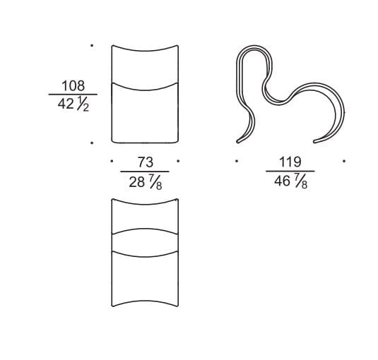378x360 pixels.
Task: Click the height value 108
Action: coord(73,85)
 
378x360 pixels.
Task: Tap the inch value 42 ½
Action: coord(73,104)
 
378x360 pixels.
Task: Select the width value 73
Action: coord(146,162)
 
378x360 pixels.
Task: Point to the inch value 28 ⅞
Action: coord(146,182)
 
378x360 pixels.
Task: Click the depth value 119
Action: coord(290,162)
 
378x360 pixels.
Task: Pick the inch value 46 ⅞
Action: coord(290,181)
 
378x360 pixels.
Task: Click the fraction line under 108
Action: coord(73,95)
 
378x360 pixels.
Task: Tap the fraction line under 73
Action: coord(145,172)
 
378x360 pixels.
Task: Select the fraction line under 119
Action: coord(290,172)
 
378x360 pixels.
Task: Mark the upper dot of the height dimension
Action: coord(92,45)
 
